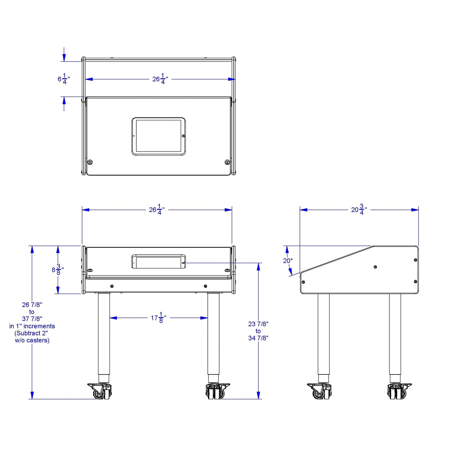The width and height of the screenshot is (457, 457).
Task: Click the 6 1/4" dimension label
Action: click(x=64, y=79)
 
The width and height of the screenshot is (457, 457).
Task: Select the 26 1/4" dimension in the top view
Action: click(x=160, y=79)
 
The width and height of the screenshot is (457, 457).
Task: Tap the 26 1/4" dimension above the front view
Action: click(x=157, y=210)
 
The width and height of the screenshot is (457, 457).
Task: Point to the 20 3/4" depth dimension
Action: click(x=359, y=210)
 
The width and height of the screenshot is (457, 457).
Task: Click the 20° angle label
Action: click(x=288, y=261)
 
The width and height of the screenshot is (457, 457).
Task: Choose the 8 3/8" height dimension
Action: click(x=58, y=270)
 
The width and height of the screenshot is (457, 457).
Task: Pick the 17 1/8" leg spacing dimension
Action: click(x=158, y=318)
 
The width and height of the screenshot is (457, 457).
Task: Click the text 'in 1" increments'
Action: click(x=32, y=326)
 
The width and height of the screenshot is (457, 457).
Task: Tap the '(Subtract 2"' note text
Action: click(x=31, y=333)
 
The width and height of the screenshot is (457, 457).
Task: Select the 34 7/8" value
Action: click(x=258, y=338)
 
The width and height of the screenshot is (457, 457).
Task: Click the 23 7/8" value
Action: click(x=258, y=324)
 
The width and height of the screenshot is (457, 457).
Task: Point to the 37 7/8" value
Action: click(x=32, y=319)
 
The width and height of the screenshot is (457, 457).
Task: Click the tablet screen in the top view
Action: click(x=158, y=136)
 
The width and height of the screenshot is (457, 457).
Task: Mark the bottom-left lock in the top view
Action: click(x=90, y=162)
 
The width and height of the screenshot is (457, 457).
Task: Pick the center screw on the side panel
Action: click(x=375, y=267)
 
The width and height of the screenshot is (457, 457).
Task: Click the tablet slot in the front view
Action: click(x=158, y=262)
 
